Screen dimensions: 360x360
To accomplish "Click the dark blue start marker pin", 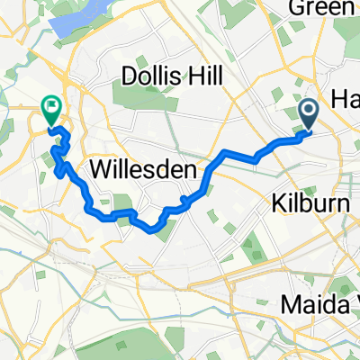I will (308, 113).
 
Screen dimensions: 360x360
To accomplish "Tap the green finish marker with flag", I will (50, 111).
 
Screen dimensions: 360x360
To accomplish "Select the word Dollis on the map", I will (148, 72).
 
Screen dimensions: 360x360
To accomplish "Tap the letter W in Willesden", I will (100, 167).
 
